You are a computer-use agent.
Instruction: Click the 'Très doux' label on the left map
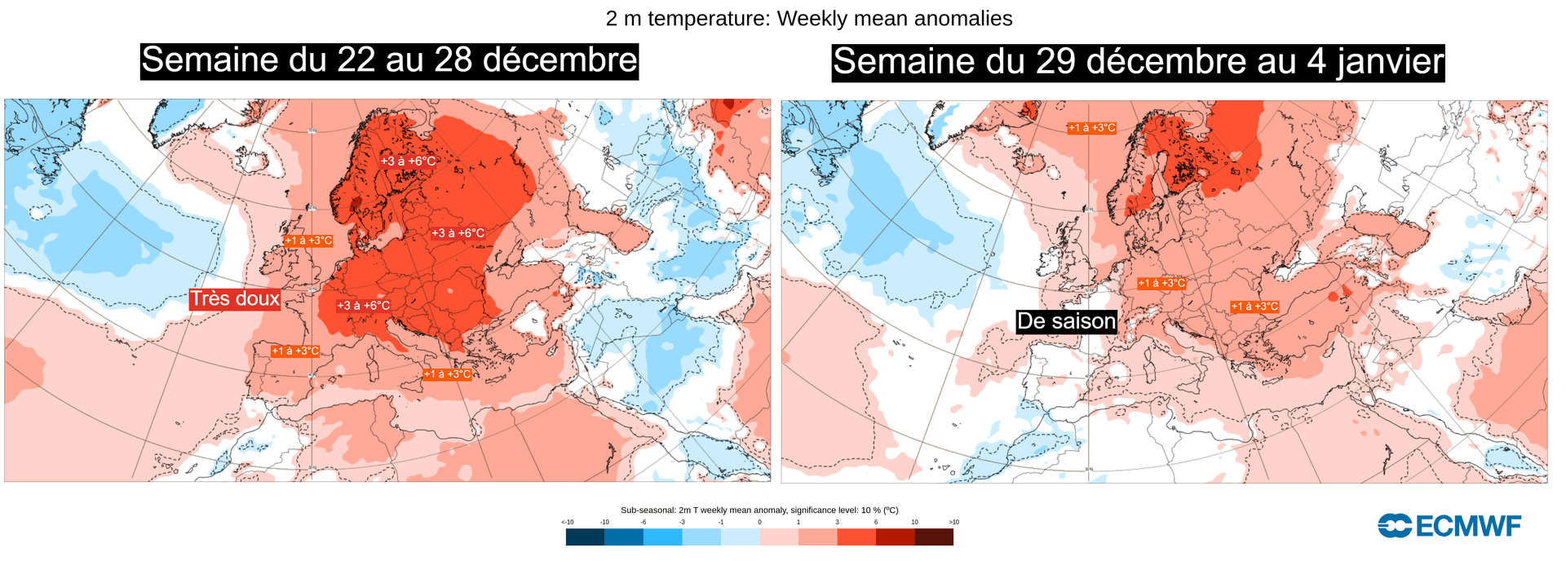pos(235,298)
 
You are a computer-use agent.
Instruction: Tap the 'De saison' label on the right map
pos(1066,321)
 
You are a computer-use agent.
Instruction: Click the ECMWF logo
pos(1449,526)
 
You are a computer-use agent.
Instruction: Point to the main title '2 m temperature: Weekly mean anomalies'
pos(809,18)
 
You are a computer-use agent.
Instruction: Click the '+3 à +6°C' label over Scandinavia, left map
pos(408,161)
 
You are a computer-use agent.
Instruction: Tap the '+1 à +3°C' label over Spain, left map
pos(295,351)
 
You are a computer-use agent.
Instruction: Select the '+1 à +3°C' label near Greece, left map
pos(447,374)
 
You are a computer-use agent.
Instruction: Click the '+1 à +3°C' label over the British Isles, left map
pos(308,241)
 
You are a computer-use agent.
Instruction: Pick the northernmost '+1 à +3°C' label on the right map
pos(1091,128)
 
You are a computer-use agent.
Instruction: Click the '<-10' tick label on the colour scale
pos(567,522)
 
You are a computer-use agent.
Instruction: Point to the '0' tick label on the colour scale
pos(759,522)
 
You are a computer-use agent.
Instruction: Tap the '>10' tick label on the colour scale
pos(953,522)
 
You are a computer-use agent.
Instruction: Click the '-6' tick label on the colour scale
pos(644,522)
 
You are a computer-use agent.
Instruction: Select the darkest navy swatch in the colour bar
pos(585,537)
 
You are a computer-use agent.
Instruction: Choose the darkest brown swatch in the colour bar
pos(934,537)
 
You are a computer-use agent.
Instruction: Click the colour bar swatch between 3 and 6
pos(856,537)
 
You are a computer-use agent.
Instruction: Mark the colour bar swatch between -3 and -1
pos(701,537)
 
